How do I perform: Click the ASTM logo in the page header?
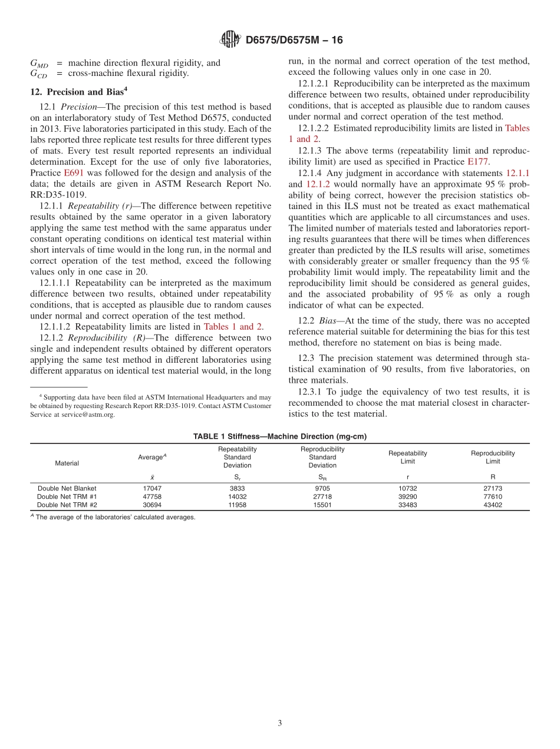click(x=230, y=40)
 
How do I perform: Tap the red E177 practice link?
click(x=477, y=161)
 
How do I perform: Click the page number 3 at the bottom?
click(x=280, y=724)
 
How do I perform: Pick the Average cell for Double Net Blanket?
click(x=152, y=488)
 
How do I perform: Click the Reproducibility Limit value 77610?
click(x=492, y=496)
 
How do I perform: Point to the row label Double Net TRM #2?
click(x=67, y=505)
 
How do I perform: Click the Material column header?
click(x=67, y=463)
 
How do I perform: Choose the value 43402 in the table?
click(x=492, y=505)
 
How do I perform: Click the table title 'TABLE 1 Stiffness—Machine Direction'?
click(x=280, y=436)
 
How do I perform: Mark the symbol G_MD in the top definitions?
click(x=39, y=64)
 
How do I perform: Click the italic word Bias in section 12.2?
click(x=329, y=321)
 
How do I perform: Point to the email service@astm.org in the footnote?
click(x=88, y=414)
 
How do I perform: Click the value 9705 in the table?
click(x=322, y=488)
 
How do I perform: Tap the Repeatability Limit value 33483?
click(x=407, y=505)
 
